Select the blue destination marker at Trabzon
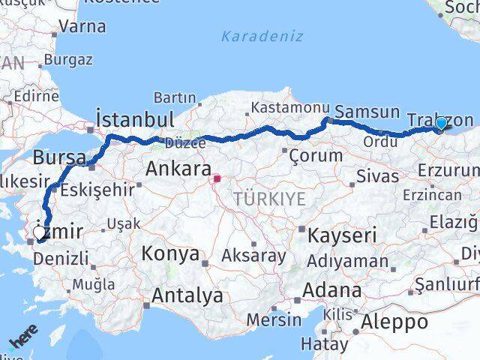(442, 124)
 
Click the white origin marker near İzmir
(40, 234)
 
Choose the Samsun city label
(367, 112)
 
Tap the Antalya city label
(187, 295)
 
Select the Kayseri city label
(346, 235)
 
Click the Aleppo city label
(394, 322)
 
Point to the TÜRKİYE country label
(268, 199)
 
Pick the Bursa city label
(58, 157)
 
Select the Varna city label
(82, 27)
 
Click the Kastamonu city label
(285, 109)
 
